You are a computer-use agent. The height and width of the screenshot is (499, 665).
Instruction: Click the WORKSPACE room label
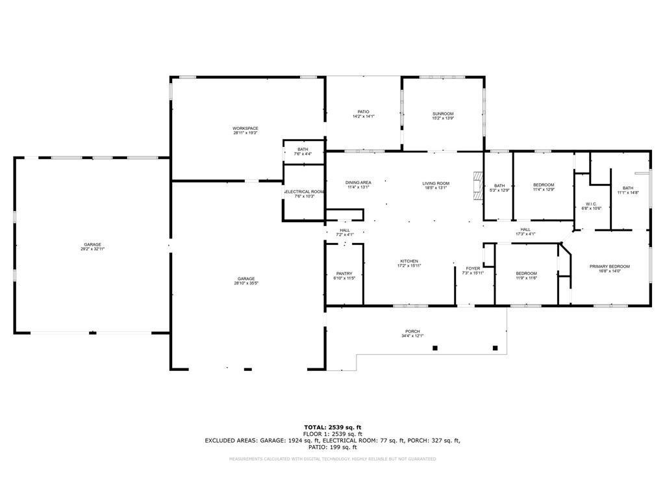(245, 129)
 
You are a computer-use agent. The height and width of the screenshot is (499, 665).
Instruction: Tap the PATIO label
(363, 112)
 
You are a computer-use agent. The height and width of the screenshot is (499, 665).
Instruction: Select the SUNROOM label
(443, 114)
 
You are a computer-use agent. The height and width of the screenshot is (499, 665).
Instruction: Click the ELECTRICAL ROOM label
(304, 192)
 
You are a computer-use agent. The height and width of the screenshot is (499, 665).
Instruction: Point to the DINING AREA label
(358, 183)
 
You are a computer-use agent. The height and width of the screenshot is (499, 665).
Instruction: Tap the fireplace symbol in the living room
(478, 185)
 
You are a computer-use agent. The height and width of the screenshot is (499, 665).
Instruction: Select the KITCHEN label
(408, 261)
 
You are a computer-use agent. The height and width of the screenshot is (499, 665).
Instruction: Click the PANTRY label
(344, 274)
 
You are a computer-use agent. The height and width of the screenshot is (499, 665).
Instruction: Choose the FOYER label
(473, 268)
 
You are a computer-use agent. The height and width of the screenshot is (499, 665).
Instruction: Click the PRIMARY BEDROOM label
(609, 266)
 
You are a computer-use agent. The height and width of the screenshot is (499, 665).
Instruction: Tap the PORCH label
(413, 331)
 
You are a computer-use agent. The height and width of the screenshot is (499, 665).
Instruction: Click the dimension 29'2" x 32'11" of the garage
(92, 249)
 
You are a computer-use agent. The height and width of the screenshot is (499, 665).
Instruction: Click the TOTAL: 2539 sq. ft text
(332, 427)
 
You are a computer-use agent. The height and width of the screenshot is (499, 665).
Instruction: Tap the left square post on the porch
(435, 348)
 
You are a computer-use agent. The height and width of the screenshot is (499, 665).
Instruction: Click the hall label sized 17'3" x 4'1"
(525, 234)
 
